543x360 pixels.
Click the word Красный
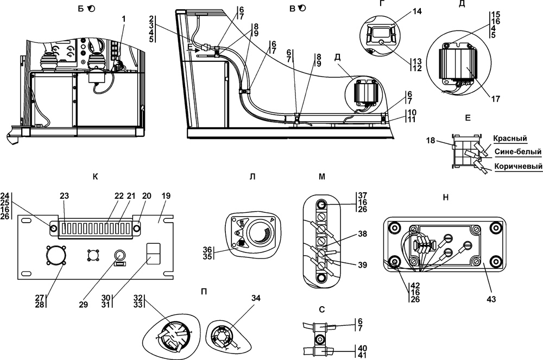tap(510, 138)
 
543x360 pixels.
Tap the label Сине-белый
tap(517, 151)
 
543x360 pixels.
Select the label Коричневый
tap(519, 167)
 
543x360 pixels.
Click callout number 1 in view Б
tap(124, 19)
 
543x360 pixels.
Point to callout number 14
tap(417, 11)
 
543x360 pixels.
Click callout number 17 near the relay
tap(496, 99)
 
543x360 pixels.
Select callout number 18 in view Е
tap(431, 141)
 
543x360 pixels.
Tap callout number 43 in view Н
tap(491, 299)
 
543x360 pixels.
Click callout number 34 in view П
tap(256, 298)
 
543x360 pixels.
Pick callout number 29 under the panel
tap(83, 305)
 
